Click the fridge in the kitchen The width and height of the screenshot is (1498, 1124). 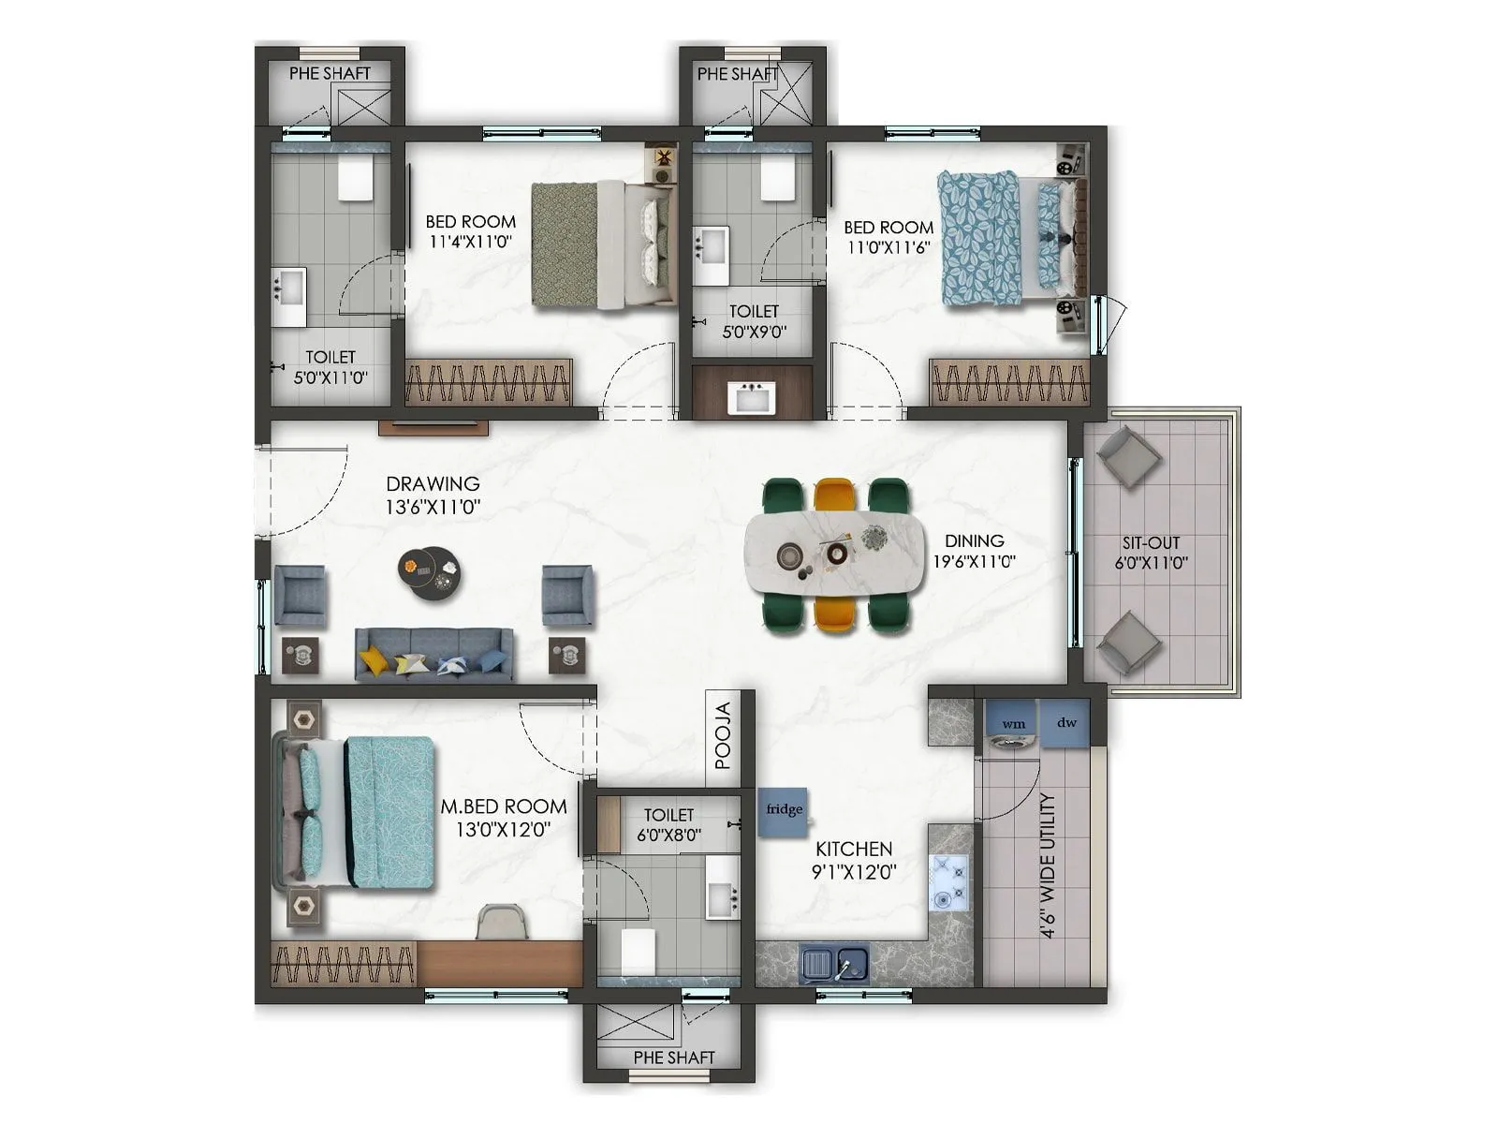point(783,810)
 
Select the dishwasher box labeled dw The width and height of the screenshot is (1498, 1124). point(1066,723)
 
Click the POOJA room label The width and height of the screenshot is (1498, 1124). point(723,736)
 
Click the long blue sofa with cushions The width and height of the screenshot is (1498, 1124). point(433,655)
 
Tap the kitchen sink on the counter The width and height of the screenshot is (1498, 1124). point(834,965)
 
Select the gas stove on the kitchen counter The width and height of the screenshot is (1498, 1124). point(948,883)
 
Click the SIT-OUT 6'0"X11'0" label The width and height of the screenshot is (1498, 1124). point(1151,553)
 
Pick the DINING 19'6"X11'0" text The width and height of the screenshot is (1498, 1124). point(974,551)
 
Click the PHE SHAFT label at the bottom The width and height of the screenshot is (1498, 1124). point(673,1057)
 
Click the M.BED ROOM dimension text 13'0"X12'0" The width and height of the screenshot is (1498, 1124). point(503,829)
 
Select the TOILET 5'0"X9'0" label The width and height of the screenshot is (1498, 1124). point(754,320)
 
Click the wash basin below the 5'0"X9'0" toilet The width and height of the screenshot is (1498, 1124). point(752,397)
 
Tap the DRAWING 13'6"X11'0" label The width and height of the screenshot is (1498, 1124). point(433,495)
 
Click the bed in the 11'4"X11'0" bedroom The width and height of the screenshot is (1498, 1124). point(604,244)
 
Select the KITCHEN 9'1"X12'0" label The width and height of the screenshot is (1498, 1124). point(854,860)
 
